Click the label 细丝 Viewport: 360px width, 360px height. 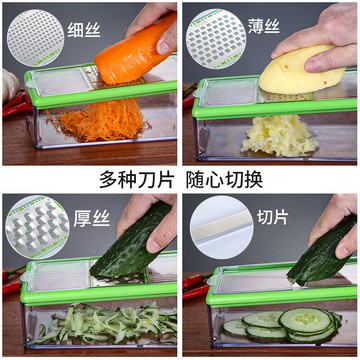(x=84, y=31)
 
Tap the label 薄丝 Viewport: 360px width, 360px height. (x=264, y=26)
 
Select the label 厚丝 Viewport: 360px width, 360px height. (x=92, y=219)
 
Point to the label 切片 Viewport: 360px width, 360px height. (x=272, y=218)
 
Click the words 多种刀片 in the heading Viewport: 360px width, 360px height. (x=137, y=180)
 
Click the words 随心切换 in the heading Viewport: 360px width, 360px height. (x=224, y=180)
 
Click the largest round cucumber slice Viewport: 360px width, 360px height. (x=306, y=321)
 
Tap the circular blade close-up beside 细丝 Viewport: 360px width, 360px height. (x=35, y=38)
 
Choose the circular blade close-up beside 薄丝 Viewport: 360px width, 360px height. (x=216, y=39)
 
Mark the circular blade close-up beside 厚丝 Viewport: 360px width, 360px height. (x=37, y=227)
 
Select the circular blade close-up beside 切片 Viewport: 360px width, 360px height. (x=222, y=227)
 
